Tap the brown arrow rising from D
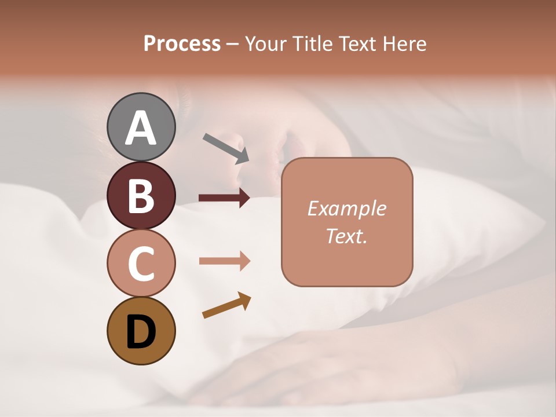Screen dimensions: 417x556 point(226,305)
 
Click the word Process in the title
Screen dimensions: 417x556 point(182,43)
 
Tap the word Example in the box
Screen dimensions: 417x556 point(346,209)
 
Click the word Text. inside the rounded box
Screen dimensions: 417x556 point(346,236)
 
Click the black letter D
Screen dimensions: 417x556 point(141,332)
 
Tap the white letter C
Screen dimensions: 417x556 point(141,264)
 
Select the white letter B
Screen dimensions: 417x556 point(141,196)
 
